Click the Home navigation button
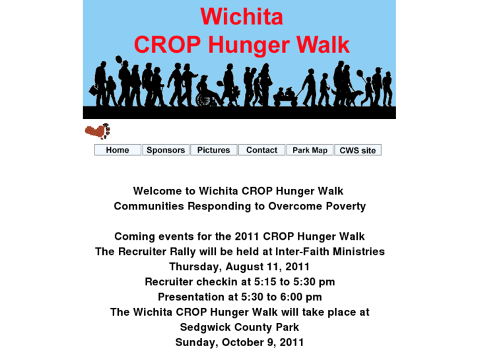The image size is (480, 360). coord(118,150)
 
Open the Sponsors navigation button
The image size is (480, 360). coord(166,150)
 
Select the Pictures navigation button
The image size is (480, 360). coord(214,150)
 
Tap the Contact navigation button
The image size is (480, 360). coord(261,150)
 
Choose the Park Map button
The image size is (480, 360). coord(310,150)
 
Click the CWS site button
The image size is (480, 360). coord(357,150)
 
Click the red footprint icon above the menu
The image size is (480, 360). coord(98,131)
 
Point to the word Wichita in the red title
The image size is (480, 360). coord(241,17)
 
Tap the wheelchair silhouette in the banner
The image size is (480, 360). coord(206,98)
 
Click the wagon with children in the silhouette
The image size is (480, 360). coord(285,98)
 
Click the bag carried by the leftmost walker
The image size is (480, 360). coord(94,90)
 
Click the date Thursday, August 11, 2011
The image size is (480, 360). coord(239,267)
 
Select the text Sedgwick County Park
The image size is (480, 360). coord(239,327)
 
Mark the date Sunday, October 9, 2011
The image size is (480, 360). coord(239,342)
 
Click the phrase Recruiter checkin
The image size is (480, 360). coord(189,282)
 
